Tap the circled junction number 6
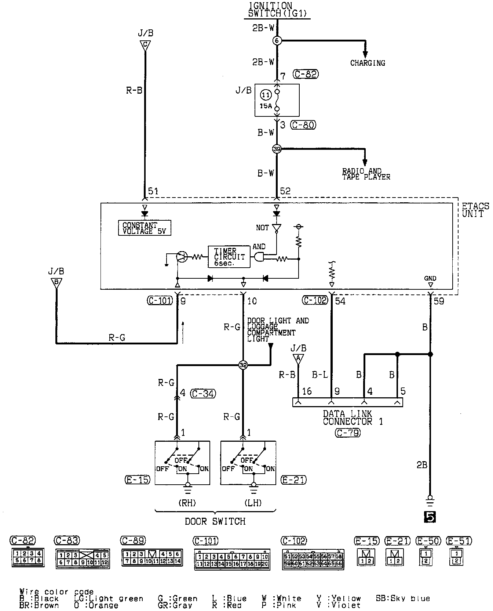coord(277,41)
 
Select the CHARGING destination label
coord(368,63)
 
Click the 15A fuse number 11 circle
coord(265,95)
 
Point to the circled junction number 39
coord(277,149)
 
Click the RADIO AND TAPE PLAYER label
coord(366,174)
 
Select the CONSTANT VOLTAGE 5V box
coord(145,228)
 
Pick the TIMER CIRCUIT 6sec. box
coord(229,257)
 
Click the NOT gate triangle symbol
coord(277,228)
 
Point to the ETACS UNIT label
coord(475,210)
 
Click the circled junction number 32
coord(243,365)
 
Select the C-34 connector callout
coord(203,394)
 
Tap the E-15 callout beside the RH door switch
coord(137,480)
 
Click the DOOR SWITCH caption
coord(215,521)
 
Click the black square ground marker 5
coord(430,517)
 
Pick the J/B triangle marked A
coord(298,358)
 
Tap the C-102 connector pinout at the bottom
coord(313,559)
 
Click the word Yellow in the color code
coord(347,599)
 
